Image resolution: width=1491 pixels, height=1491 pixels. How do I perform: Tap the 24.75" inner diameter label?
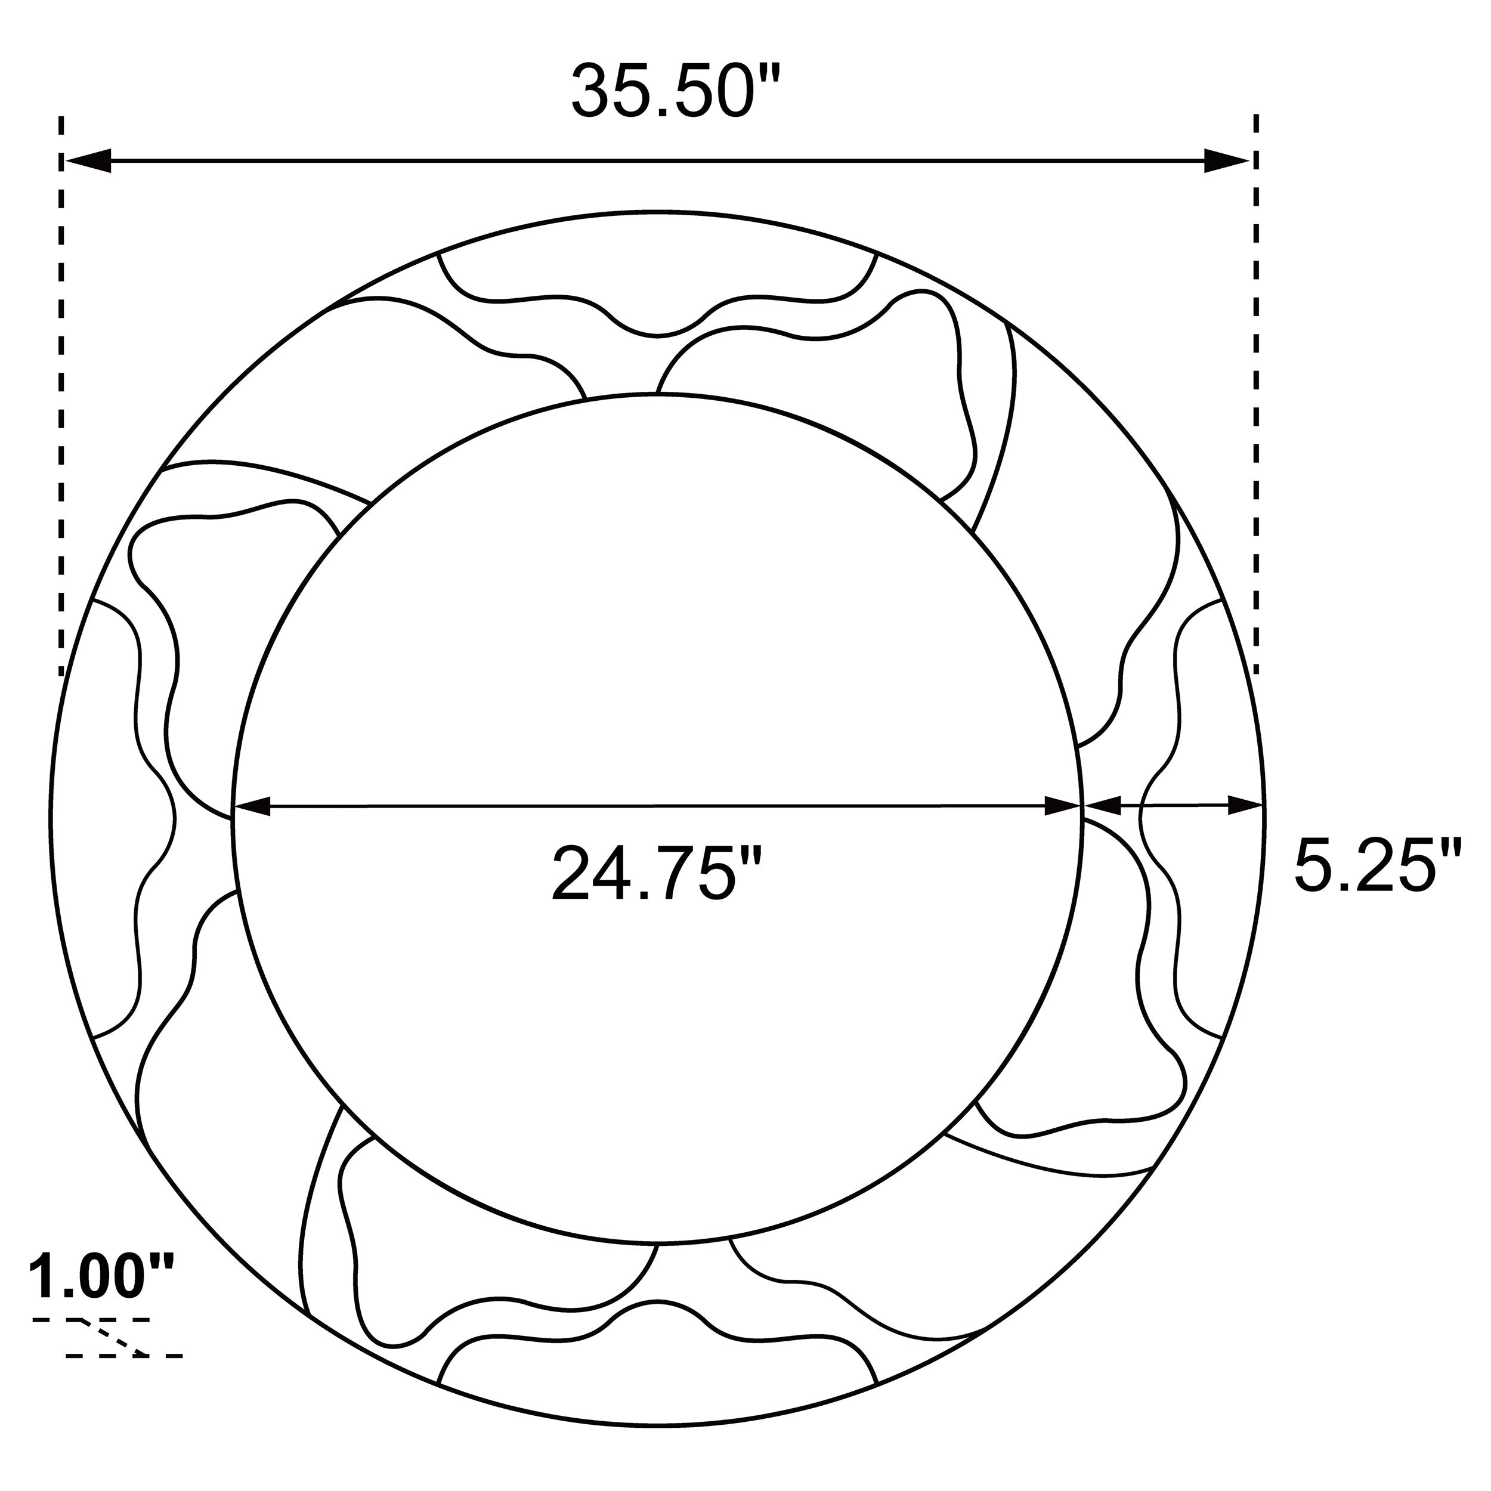(x=657, y=874)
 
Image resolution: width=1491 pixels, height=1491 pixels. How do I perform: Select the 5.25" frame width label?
(x=1376, y=866)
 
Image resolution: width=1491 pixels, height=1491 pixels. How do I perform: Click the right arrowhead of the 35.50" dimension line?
(x=1226, y=160)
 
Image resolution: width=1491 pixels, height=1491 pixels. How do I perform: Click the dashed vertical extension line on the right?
(x=1257, y=386)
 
